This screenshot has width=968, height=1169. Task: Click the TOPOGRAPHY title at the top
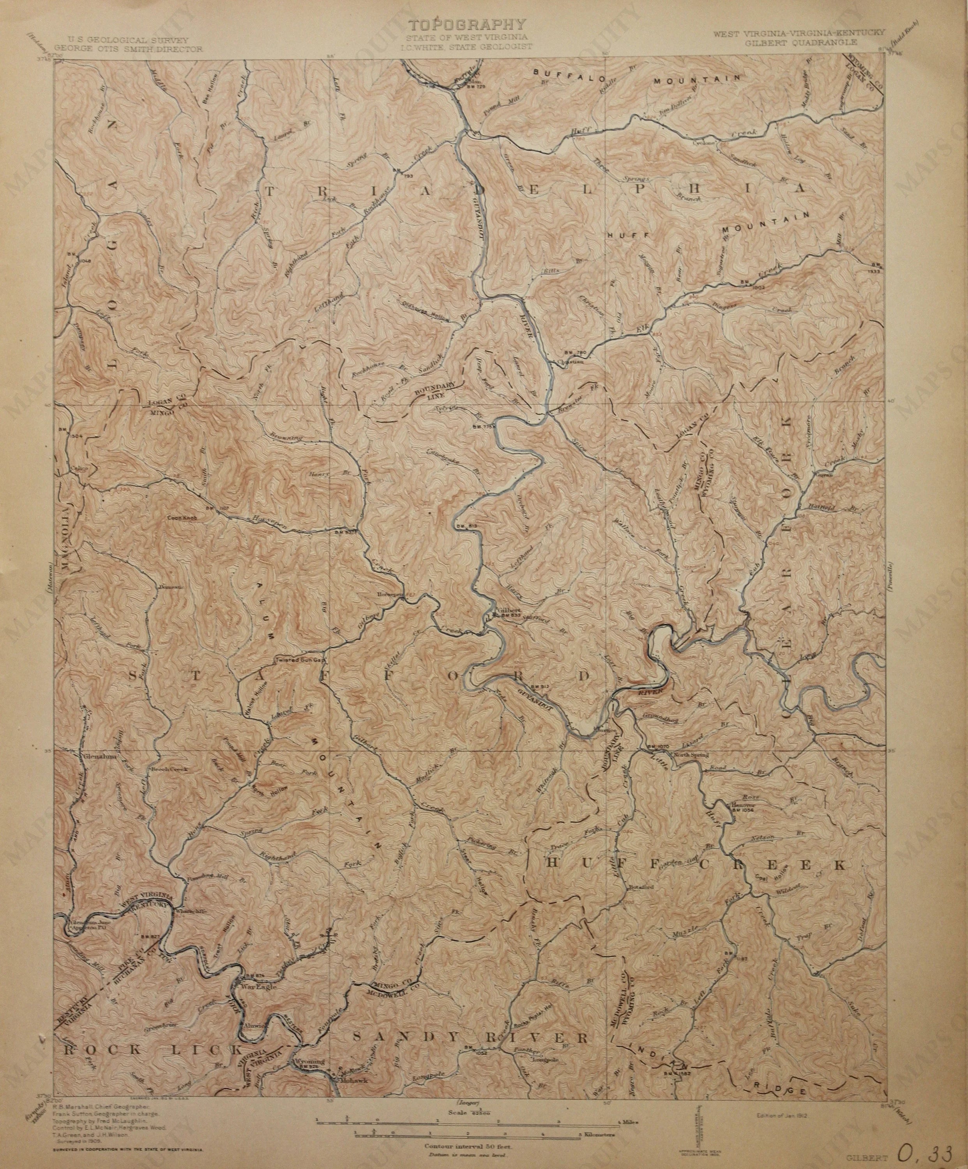point(468,25)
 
